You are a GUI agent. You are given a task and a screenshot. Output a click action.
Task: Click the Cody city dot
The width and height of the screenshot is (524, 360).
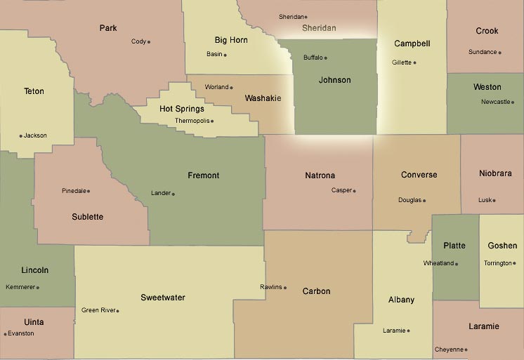149,42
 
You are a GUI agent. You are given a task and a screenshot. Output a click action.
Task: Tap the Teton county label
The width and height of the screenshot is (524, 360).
34,91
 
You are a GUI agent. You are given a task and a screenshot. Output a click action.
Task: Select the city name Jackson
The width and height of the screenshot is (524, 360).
35,135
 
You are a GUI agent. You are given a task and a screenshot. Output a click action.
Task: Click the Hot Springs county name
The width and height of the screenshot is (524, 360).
182,109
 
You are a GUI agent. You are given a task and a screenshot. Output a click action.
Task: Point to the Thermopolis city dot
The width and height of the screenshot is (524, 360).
212,121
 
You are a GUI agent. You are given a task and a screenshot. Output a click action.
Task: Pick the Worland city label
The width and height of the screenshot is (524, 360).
217,87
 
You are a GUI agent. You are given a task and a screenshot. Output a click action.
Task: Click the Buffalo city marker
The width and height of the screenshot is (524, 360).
325,58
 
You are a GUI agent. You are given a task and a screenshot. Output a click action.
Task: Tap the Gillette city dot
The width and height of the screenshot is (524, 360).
414,62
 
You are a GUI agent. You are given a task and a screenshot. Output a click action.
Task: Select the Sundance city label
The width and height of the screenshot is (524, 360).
483,52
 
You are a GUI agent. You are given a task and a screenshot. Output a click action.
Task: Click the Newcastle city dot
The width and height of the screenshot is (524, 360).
513,102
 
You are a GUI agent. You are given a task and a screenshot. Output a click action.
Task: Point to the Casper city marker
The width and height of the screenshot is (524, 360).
355,191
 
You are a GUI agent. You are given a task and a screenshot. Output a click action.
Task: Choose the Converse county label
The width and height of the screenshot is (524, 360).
419,175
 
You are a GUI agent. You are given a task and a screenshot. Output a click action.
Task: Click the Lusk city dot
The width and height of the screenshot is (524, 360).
494,200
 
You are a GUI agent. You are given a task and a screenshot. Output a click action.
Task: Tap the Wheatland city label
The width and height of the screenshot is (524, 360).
438,263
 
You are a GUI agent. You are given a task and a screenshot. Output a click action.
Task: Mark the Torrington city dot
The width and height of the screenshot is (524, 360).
514,263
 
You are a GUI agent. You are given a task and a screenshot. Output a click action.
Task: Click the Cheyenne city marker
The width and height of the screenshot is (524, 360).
466,349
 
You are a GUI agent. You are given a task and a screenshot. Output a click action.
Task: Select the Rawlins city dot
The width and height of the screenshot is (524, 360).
284,287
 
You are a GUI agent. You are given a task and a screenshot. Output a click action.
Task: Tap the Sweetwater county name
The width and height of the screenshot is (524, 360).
163,298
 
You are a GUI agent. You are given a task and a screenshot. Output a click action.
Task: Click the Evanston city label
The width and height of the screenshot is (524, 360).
21,333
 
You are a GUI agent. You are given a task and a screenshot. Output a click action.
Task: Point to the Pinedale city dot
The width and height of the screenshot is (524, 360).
89,191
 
